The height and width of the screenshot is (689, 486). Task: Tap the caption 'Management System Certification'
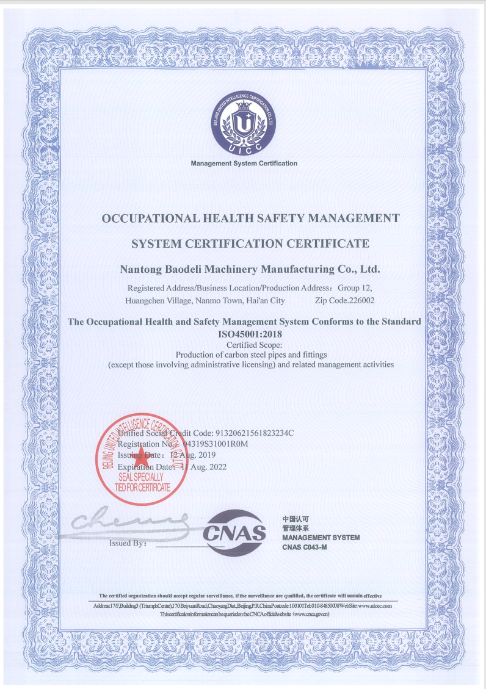244,164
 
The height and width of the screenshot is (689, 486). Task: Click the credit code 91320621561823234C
251,433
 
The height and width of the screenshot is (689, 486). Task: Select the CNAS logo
234,532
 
